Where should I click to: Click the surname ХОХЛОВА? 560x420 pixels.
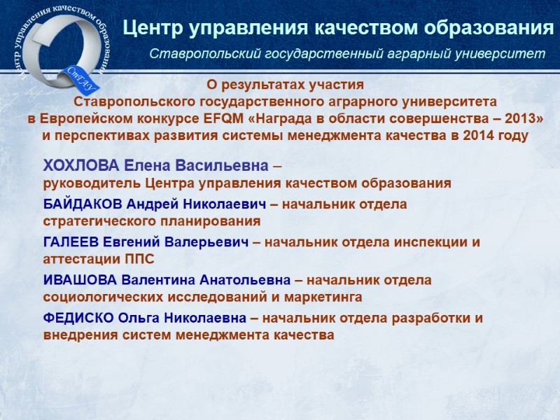(x=81, y=166)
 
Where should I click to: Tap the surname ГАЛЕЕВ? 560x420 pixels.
(x=71, y=242)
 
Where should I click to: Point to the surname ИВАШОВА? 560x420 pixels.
(x=80, y=280)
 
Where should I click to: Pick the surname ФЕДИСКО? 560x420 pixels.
(x=78, y=318)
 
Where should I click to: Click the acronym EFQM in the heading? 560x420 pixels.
(x=223, y=118)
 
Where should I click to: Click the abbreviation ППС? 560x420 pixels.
(x=139, y=259)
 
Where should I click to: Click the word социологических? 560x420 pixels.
(x=103, y=297)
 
